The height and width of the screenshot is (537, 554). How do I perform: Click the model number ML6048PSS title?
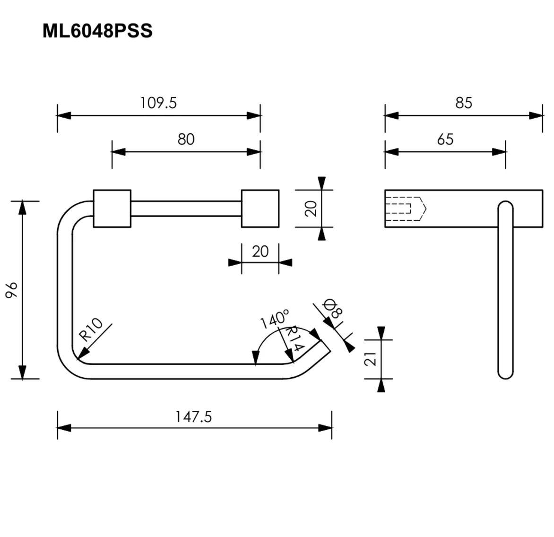[97, 31]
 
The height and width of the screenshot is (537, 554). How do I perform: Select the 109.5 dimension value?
[158, 103]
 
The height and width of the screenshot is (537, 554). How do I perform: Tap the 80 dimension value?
[186, 139]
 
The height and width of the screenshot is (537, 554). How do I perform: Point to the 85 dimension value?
[464, 103]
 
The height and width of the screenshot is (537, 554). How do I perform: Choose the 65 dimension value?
[445, 139]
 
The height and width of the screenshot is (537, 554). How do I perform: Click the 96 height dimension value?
[12, 290]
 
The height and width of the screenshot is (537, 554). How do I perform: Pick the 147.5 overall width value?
[194, 417]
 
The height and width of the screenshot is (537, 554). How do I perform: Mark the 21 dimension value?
[370, 359]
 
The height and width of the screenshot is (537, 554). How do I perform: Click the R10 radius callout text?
[90, 329]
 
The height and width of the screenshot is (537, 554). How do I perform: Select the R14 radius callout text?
[294, 338]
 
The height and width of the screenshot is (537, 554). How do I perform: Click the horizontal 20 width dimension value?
[260, 251]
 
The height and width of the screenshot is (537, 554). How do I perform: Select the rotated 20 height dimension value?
[311, 208]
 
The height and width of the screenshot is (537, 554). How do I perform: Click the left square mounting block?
[112, 208]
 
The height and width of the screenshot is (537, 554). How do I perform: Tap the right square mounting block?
[260, 208]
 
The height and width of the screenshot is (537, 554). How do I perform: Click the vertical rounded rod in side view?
[506, 290]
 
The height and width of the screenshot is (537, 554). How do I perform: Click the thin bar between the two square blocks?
[186, 208]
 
